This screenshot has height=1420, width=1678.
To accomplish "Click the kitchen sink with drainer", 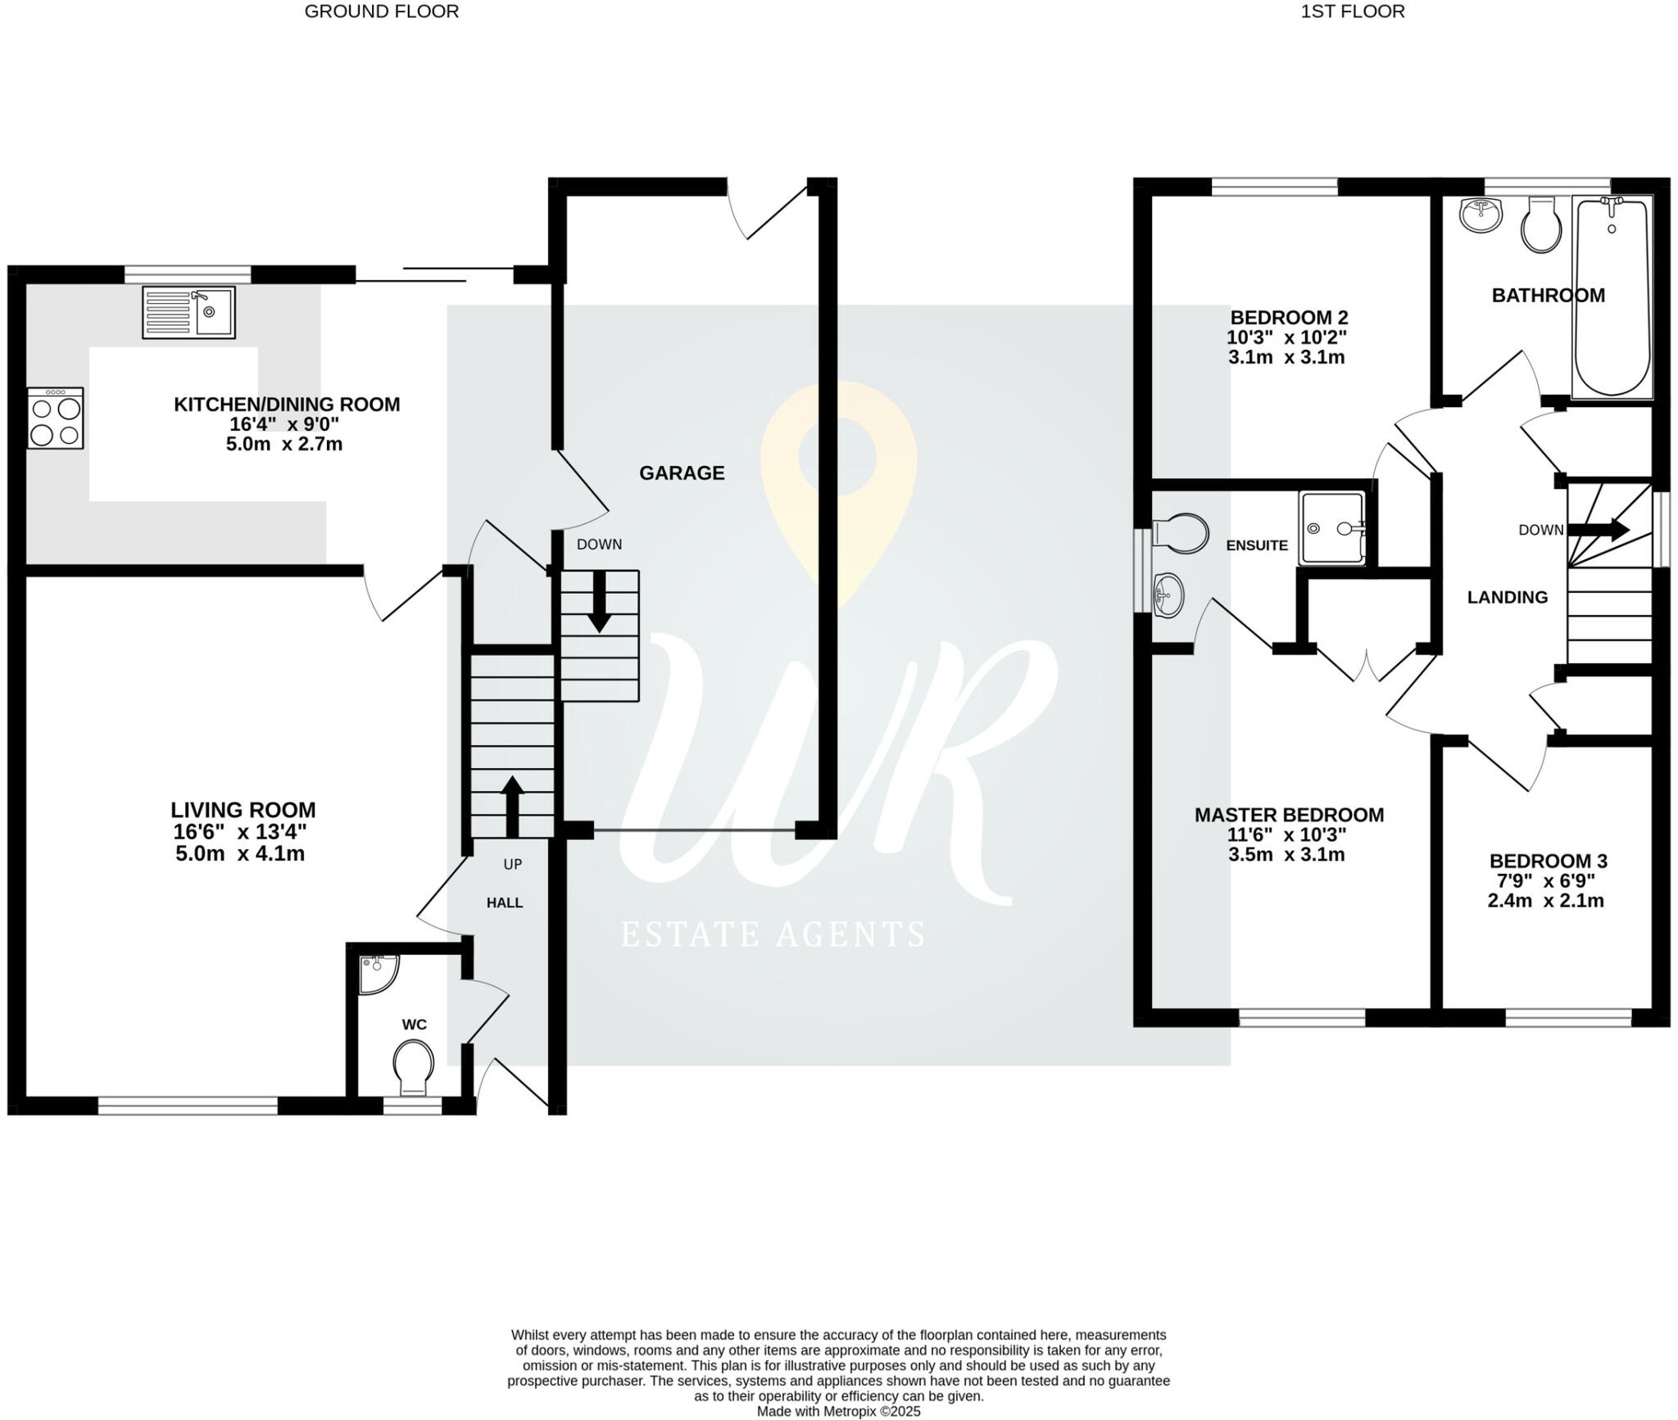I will click(188, 312).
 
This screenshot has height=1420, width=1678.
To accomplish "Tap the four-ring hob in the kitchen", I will click(56, 418).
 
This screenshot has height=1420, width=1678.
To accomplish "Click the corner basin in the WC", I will click(377, 973).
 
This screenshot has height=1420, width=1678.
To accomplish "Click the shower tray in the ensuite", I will click(1332, 528).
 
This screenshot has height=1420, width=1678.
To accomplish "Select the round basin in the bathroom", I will click(1481, 216).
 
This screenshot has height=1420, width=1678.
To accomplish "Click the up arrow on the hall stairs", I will click(512, 806).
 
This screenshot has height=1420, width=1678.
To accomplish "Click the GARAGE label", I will click(682, 473).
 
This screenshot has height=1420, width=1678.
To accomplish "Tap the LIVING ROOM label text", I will click(243, 810).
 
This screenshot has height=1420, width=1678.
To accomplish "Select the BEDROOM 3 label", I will click(1548, 861).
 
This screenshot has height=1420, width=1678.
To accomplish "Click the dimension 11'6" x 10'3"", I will click(1286, 835).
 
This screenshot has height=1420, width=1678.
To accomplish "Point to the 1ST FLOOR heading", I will click(1352, 11).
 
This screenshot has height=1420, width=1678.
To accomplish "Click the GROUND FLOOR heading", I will click(381, 11).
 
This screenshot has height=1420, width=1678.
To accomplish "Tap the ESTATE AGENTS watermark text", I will click(773, 934).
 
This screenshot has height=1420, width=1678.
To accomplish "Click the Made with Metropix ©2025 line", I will click(838, 1412).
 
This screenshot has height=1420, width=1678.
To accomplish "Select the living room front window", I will click(188, 1106).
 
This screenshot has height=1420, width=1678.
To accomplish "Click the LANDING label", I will click(1507, 598).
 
